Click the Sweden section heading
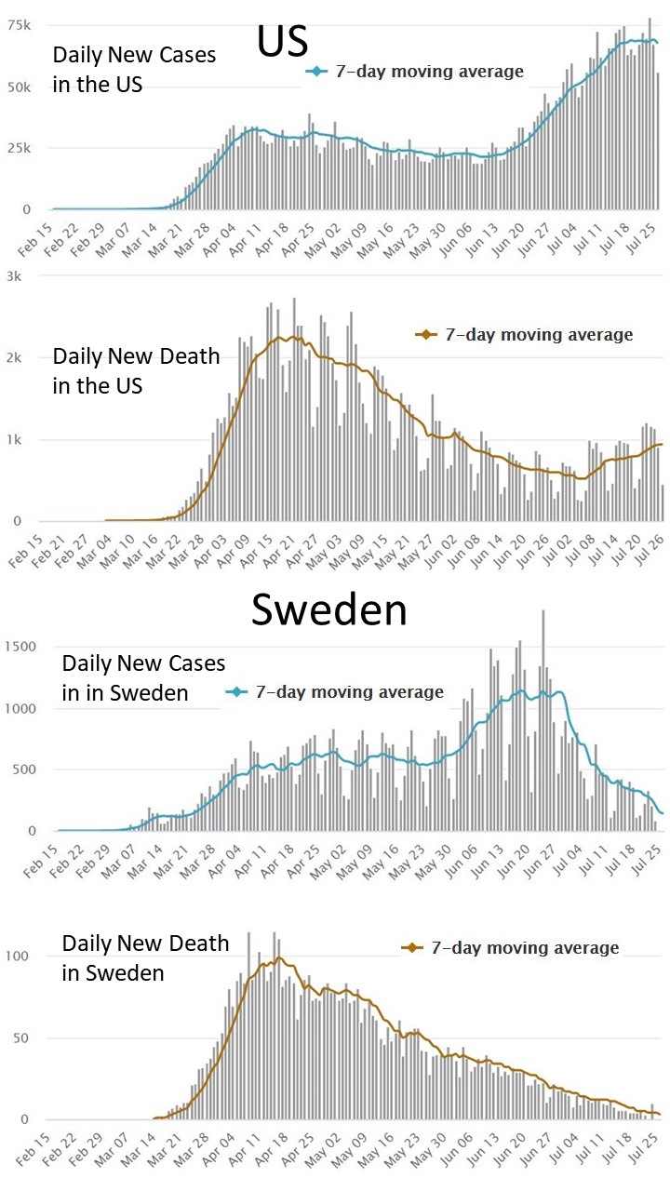[x=329, y=610]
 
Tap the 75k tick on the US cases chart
[x=20, y=25]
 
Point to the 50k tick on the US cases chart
[x=20, y=87]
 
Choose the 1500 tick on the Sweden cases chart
[x=20, y=647]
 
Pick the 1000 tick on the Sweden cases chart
[x=20, y=708]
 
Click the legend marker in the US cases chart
[x=318, y=72]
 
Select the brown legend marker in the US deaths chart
[x=426, y=335]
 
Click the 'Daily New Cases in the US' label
[x=134, y=70]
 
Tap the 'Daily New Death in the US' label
[x=136, y=369]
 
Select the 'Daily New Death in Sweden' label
[x=145, y=958]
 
